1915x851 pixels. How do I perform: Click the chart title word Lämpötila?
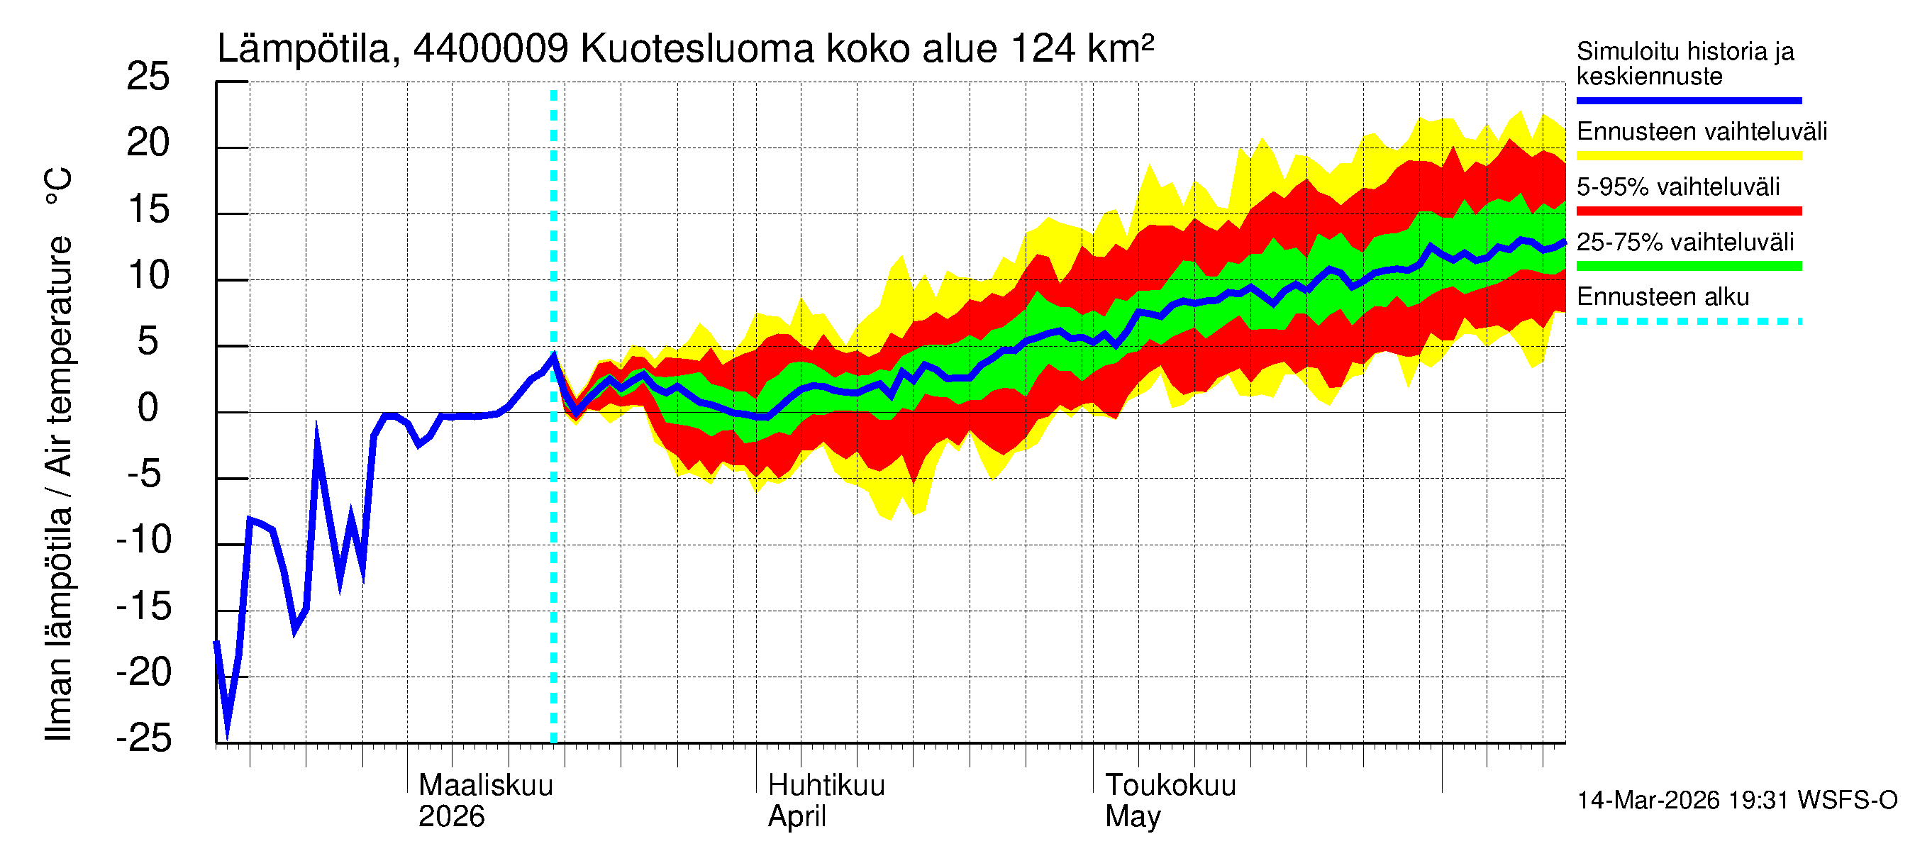[304, 50]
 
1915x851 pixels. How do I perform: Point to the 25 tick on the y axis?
[148, 77]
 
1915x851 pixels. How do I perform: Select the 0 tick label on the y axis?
[148, 408]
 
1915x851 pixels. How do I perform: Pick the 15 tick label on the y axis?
[148, 210]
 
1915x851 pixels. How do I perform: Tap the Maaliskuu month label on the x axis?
[485, 786]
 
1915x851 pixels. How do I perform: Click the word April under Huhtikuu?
[796, 817]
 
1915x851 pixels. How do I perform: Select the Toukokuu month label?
[1170, 786]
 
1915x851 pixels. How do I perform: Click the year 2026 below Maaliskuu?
[450, 817]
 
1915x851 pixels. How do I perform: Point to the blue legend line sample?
[1688, 100]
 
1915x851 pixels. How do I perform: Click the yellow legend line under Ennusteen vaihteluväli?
[1688, 156]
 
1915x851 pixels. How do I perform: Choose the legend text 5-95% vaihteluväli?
[1677, 187]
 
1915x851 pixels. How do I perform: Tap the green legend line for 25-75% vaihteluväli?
[1688, 266]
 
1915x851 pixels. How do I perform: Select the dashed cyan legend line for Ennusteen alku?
[1688, 322]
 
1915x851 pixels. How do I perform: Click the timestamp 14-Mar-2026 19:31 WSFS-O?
[1736, 801]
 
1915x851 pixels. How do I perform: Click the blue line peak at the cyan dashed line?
[554, 355]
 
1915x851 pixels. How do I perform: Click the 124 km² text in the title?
[1082, 50]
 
